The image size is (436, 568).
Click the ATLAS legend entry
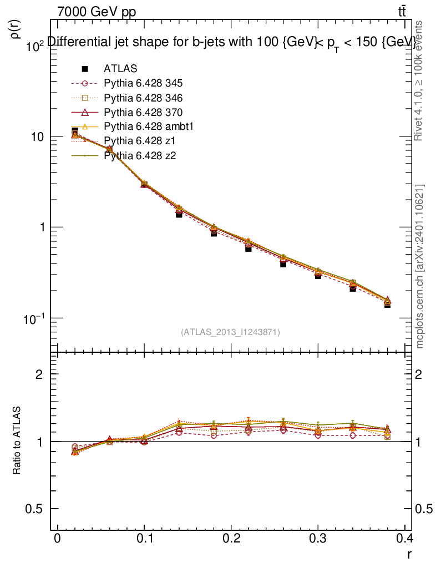[x=120, y=69]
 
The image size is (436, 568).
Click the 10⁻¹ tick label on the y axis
[x=33, y=318]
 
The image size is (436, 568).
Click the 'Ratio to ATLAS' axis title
[x=17, y=442]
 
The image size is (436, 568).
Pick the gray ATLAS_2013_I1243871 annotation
[x=230, y=332]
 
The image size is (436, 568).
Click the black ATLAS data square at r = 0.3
[x=318, y=275]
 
